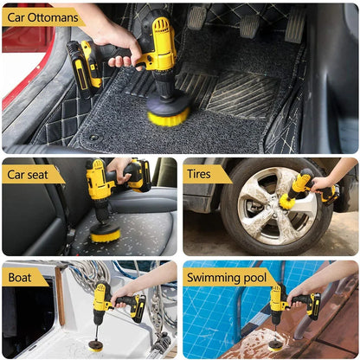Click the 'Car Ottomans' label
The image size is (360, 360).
pyautogui.click(x=42, y=16)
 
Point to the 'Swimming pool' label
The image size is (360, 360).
pyautogui.click(x=229, y=278)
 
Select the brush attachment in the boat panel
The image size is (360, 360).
pyautogui.click(x=96, y=345)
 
